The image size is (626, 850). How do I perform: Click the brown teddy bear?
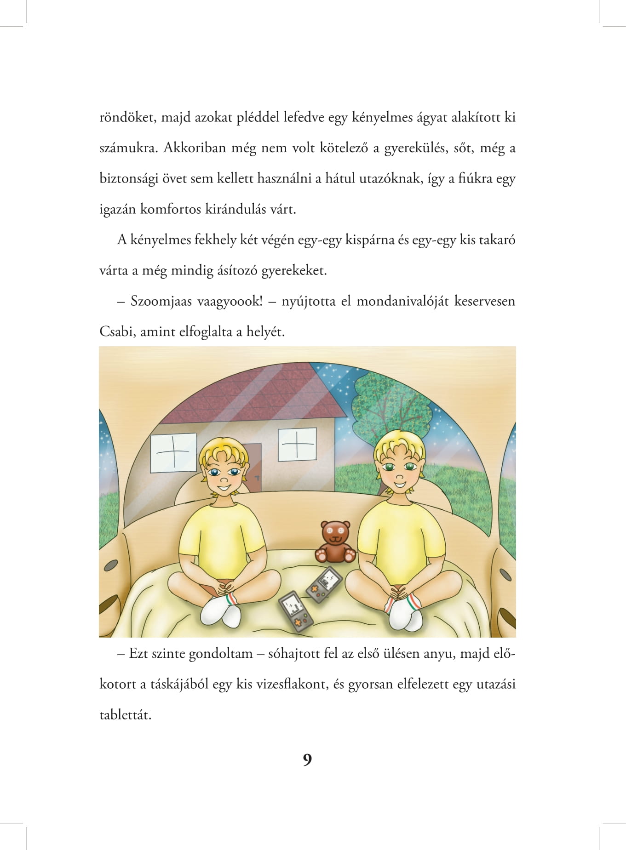[335, 542]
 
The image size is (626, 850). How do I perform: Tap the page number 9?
[307, 760]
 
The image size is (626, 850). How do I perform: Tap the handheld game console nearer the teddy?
[324, 585]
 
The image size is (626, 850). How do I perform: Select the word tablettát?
[125, 715]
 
